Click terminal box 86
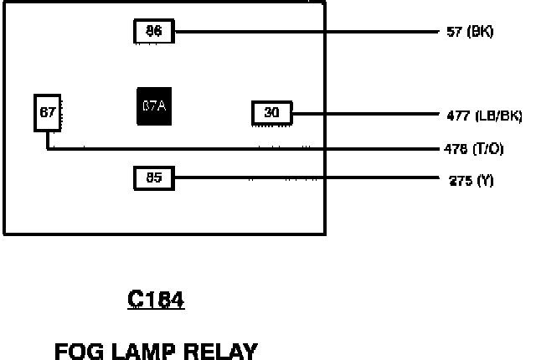(153, 32)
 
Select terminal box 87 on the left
(47, 113)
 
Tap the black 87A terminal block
(154, 106)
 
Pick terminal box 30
(271, 112)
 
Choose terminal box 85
(153, 177)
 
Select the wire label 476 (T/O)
(473, 149)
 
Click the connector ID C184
(156, 300)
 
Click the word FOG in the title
(76, 350)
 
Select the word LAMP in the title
(141, 350)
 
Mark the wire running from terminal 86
(301, 33)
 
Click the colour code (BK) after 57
(482, 33)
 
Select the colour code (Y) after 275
(484, 179)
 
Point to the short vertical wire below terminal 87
(47, 140)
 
